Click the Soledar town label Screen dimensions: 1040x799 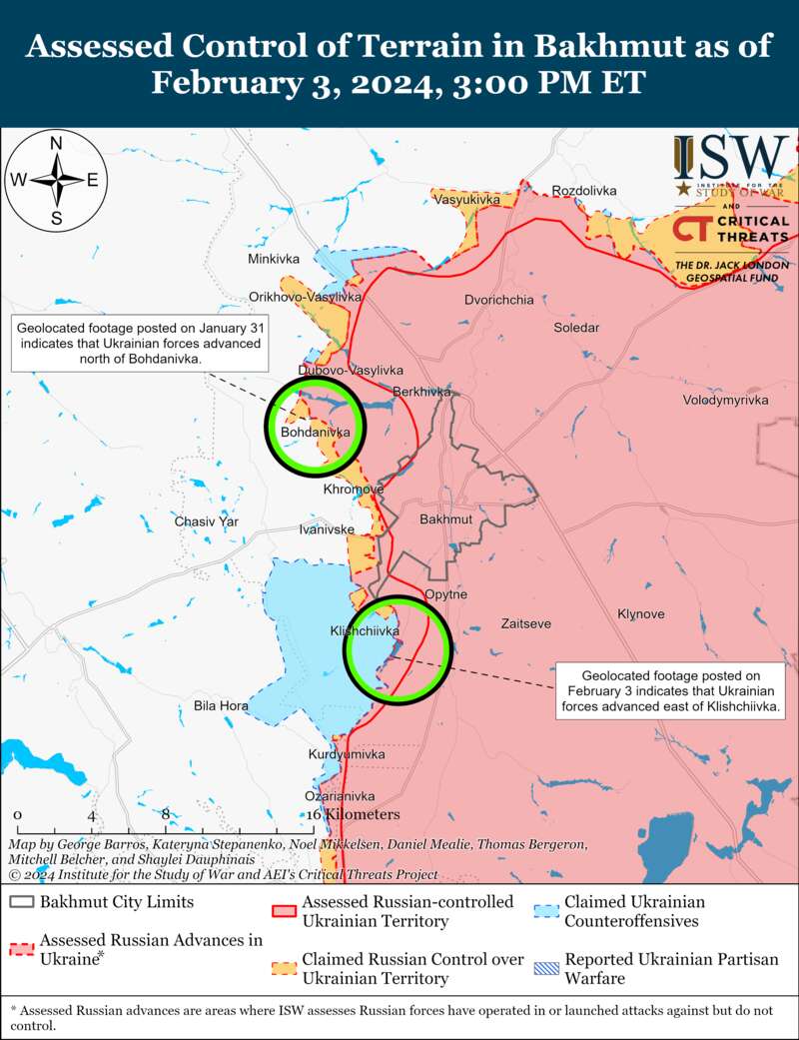577,328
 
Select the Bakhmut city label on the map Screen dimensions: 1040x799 445,520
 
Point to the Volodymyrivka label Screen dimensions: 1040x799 725,400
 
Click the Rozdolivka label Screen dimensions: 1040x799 584,191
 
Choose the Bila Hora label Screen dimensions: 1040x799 221,706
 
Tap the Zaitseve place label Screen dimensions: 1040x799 525,623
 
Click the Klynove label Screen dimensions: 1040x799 641,613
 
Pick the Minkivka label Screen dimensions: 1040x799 274,260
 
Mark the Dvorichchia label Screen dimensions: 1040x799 499,300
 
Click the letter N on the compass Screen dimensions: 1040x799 57,144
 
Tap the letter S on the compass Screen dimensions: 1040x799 57,219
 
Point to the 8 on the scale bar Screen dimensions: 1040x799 166,814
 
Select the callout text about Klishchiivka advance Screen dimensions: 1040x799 671,691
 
